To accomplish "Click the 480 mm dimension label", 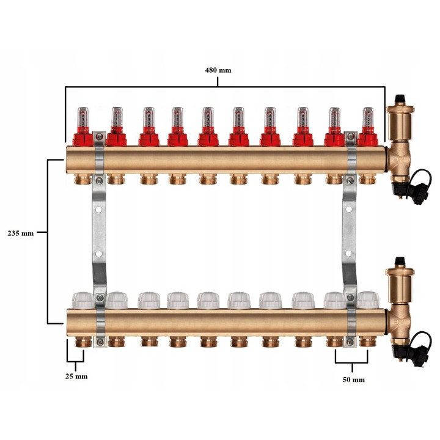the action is point(218,70).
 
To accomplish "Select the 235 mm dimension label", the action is point(21,233).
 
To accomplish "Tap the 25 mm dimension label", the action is point(76,376).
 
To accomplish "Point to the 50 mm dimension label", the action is point(354,380).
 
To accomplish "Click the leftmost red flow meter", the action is point(83,127).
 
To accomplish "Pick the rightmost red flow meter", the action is point(368,127).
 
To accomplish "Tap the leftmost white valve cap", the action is point(83,300).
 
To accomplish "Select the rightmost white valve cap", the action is point(368,300).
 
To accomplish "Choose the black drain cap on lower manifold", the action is point(419,350).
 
